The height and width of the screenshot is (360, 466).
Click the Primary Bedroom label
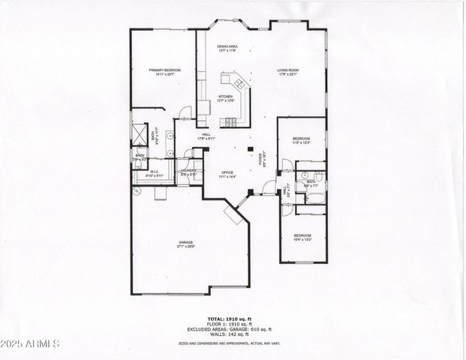click(x=164, y=73)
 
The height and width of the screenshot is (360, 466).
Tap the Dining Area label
click(x=227, y=49)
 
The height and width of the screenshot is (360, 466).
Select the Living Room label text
click(x=287, y=73)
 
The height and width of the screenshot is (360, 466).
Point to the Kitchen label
click(x=225, y=98)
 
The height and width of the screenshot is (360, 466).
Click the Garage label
click(x=186, y=245)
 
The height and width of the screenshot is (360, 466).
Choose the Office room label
click(x=227, y=175)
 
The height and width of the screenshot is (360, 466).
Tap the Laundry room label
click(x=188, y=172)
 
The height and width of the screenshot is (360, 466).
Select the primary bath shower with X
click(x=140, y=130)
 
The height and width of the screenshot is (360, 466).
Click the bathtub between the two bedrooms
click(x=314, y=198)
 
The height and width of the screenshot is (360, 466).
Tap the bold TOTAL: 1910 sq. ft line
click(x=235, y=319)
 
